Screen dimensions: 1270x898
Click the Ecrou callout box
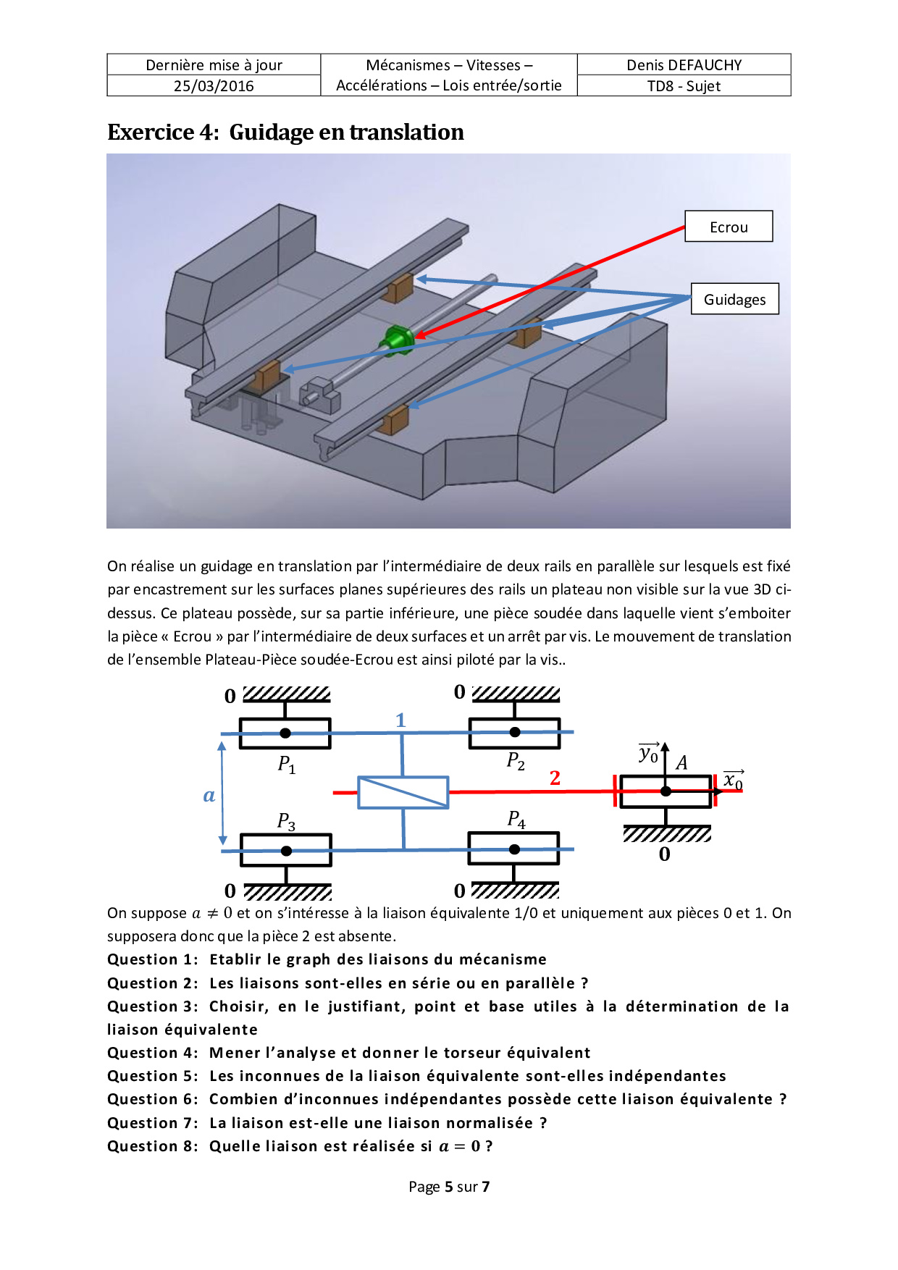pyautogui.click(x=729, y=227)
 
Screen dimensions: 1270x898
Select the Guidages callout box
pyautogui.click(x=734, y=299)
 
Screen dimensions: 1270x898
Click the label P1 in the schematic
pyautogui.click(x=287, y=765)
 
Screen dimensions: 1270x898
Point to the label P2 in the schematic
pyautogui.click(x=516, y=761)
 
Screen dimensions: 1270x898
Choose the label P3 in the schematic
pyautogui.click(x=286, y=821)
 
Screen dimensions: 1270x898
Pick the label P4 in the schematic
pyautogui.click(x=516, y=819)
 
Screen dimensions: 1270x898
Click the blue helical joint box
pyautogui.click(x=403, y=792)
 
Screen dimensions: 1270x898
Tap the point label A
pyautogui.click(x=681, y=762)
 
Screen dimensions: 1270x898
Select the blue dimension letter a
pyautogui.click(x=209, y=795)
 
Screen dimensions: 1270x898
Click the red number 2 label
pyautogui.click(x=555, y=778)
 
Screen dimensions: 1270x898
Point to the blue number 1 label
pyautogui.click(x=400, y=720)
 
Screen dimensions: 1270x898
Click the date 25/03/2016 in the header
pyautogui.click(x=214, y=85)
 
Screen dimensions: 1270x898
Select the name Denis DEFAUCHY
pyautogui.click(x=684, y=64)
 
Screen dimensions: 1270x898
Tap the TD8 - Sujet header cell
pyautogui.click(x=684, y=85)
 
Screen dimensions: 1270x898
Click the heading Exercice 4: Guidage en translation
pyautogui.click(x=285, y=132)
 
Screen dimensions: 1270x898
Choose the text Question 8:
pyautogui.click(x=152, y=1146)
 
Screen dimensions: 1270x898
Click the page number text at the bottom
pyautogui.click(x=449, y=1186)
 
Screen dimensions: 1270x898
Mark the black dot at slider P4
pyautogui.click(x=514, y=849)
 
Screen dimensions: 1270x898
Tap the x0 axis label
pyautogui.click(x=733, y=780)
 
